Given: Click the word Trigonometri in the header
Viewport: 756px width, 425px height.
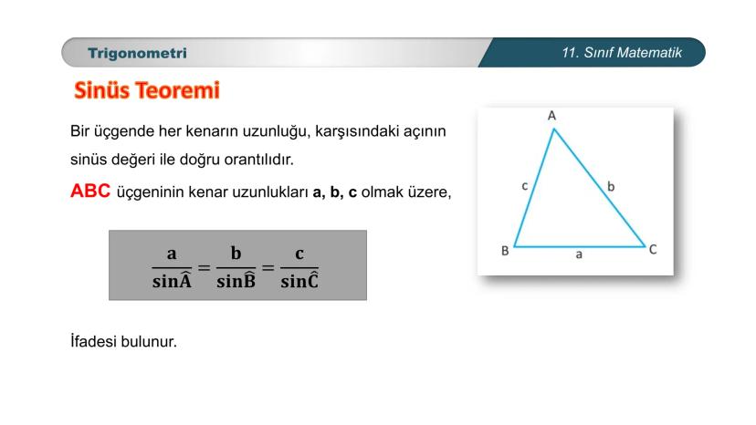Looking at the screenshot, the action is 137,53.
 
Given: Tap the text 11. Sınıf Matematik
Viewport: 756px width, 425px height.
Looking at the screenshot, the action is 622,53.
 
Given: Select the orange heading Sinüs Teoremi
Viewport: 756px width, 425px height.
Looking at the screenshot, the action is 147,90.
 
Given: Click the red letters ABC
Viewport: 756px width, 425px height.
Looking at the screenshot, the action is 90,191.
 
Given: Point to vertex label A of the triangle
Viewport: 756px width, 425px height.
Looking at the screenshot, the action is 552,116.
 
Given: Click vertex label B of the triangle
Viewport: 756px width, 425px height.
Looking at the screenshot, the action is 505,251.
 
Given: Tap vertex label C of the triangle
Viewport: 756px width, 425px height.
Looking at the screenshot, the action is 653,250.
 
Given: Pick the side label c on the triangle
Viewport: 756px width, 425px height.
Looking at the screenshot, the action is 525,186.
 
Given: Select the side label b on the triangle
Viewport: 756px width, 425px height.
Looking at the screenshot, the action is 611,186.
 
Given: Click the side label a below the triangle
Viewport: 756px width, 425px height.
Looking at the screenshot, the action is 579,254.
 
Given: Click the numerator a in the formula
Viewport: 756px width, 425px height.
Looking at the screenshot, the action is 172,254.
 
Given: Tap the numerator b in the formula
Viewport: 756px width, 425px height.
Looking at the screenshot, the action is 236,253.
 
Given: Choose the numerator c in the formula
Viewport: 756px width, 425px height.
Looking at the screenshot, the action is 299,254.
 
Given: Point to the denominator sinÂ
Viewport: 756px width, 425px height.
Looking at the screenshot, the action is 173,280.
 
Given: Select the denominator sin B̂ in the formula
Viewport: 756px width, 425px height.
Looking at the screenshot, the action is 236,280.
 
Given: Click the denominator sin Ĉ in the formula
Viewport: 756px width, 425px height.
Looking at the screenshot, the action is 299,280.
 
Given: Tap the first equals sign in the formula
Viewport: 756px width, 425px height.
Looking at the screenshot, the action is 205,267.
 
